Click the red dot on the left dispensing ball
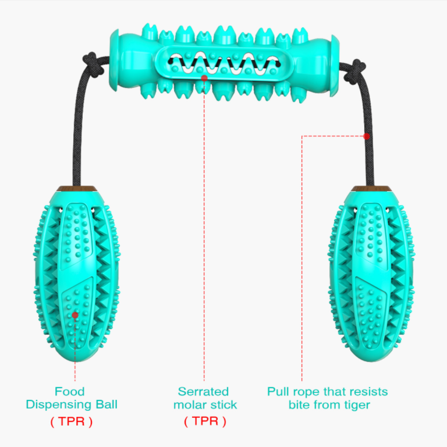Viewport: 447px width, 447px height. click(75, 315)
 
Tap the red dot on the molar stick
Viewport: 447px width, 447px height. click(204, 78)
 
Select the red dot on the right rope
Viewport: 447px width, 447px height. click(367, 136)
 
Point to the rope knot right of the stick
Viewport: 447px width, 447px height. click(354, 71)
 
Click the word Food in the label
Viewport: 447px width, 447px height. click(70, 391)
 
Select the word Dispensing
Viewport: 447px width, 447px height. click(59, 405)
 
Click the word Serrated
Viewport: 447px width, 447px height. click(203, 391)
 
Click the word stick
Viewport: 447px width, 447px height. click(223, 405)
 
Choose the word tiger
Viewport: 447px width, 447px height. click(356, 405)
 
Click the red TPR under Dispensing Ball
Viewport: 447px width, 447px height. click(72, 421)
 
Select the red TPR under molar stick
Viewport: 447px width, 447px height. click(205, 421)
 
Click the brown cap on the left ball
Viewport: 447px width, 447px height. click(77, 189)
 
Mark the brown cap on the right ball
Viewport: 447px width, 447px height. click(371, 189)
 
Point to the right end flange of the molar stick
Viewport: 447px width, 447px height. click(335, 66)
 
